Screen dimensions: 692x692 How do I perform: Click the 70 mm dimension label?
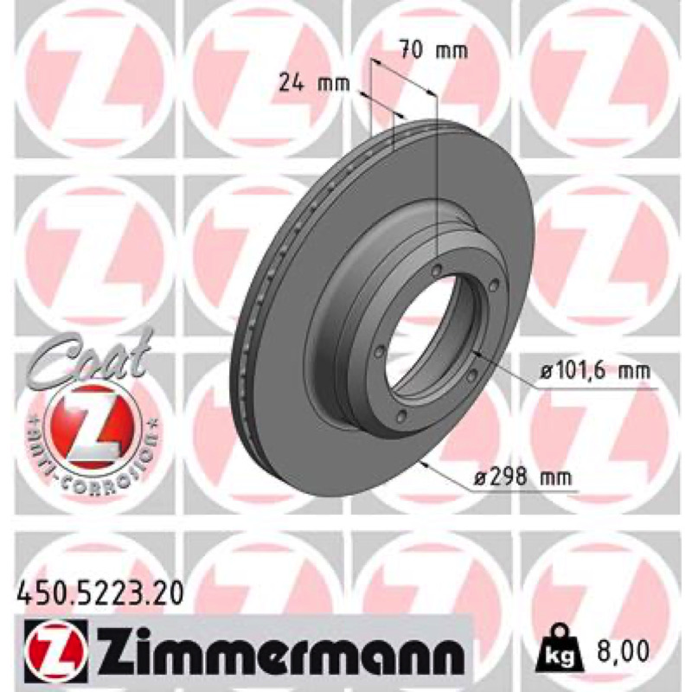pos(433,50)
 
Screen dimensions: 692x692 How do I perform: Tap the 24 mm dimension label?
pos(314,83)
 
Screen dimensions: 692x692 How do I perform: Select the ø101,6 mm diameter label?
pos(595,372)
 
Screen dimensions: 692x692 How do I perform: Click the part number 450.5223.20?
pos(99,593)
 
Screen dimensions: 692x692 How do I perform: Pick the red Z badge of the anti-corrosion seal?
pos(93,427)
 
